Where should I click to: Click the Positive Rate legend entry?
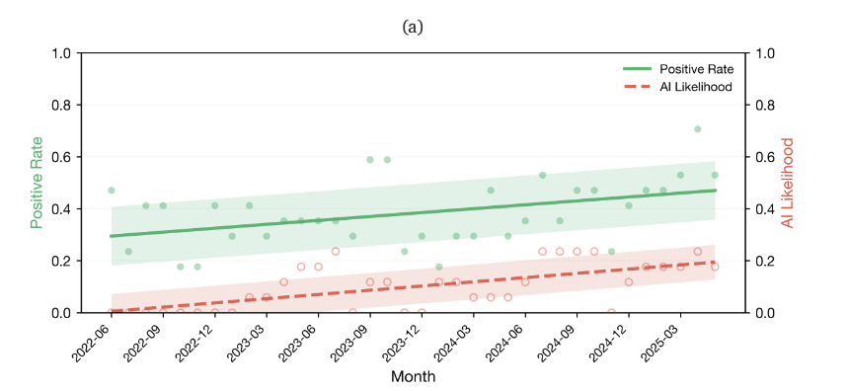[679, 69]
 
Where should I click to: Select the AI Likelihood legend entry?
[678, 87]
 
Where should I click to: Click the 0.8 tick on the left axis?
[62, 105]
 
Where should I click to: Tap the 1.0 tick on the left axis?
[62, 53]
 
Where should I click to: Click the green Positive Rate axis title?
[37, 183]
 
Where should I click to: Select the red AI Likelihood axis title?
[788, 183]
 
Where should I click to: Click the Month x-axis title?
[413, 376]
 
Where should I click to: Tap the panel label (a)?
[413, 27]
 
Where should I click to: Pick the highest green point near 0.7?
[697, 129]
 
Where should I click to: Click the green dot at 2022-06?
[111, 191]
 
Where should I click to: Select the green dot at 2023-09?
[370, 160]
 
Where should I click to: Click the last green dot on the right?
[715, 175]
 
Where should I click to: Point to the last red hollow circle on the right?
[715, 267]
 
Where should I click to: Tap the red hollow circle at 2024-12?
[629, 281]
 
